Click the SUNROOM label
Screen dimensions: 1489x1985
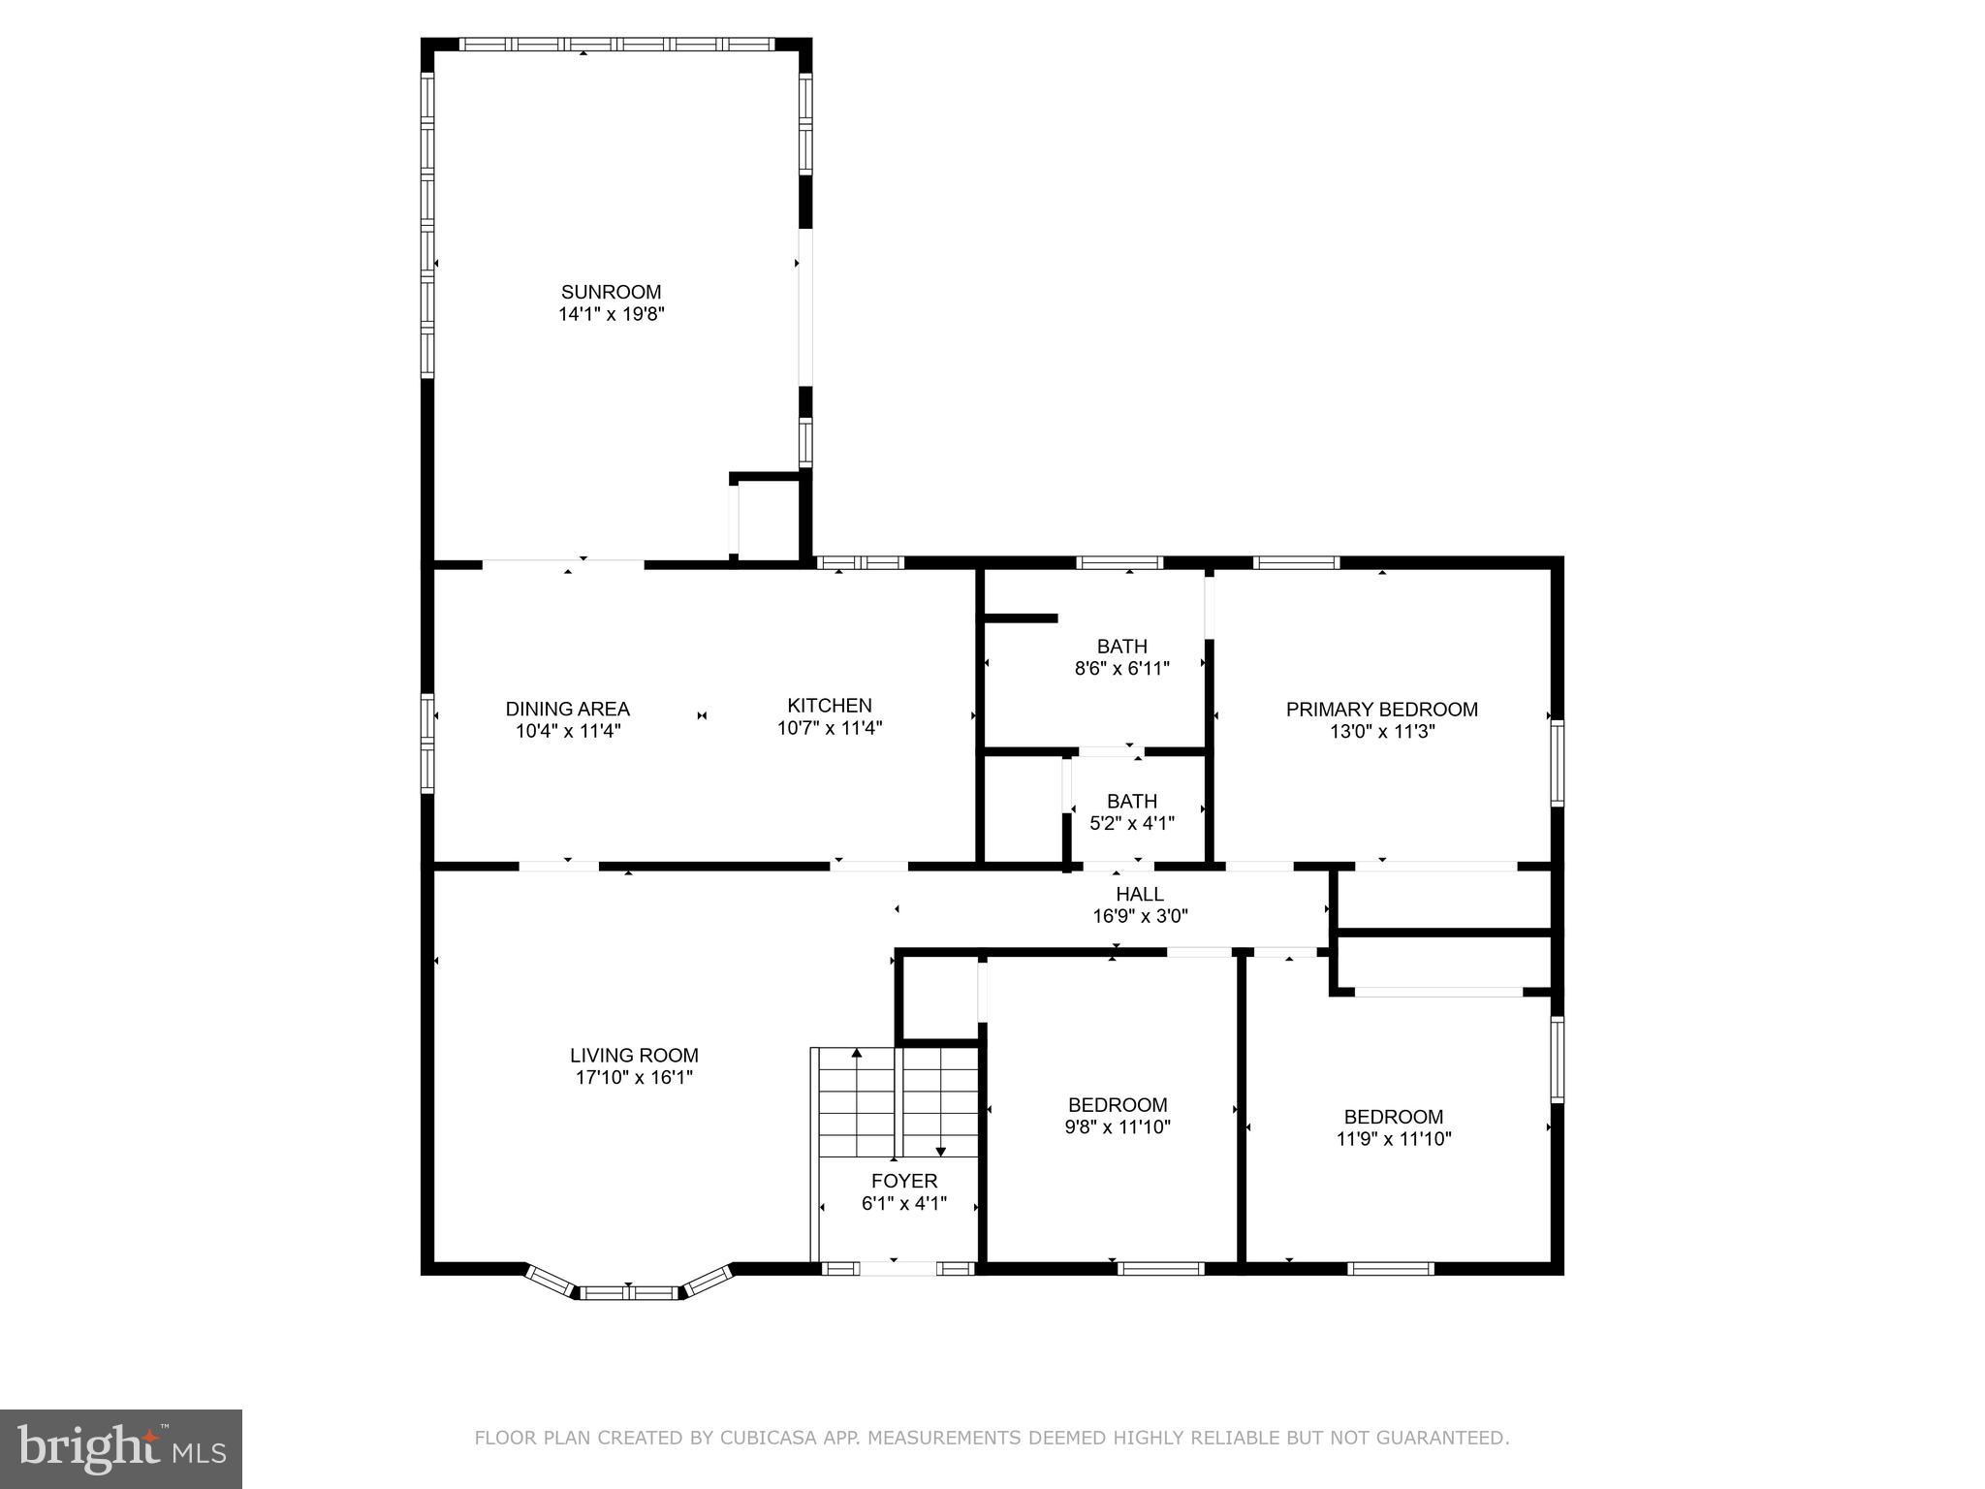(611, 292)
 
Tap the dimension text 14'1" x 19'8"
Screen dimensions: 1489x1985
(611, 314)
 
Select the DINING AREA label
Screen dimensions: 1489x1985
(567, 709)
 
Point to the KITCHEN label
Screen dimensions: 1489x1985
(829, 706)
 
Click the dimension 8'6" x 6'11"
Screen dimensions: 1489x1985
(1121, 668)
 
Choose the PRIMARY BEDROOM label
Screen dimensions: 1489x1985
(1381, 710)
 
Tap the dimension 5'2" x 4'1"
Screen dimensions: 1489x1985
(1131, 824)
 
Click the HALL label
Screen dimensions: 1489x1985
(1139, 894)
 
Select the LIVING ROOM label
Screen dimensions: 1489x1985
(634, 1056)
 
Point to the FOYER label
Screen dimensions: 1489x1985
(903, 1182)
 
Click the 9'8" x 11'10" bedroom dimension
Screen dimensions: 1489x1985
(1117, 1127)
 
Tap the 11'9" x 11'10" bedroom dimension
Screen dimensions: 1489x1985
(1393, 1139)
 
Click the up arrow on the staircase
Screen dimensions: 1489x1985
(856, 1053)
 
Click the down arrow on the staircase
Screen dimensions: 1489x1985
(940, 1151)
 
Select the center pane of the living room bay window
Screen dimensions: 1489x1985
(629, 1292)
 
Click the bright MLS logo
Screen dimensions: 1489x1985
(120, 1448)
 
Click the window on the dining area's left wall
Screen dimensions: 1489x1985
(426, 744)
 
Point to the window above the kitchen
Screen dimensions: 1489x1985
(860, 562)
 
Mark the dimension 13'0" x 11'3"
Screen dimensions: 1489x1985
(1381, 732)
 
